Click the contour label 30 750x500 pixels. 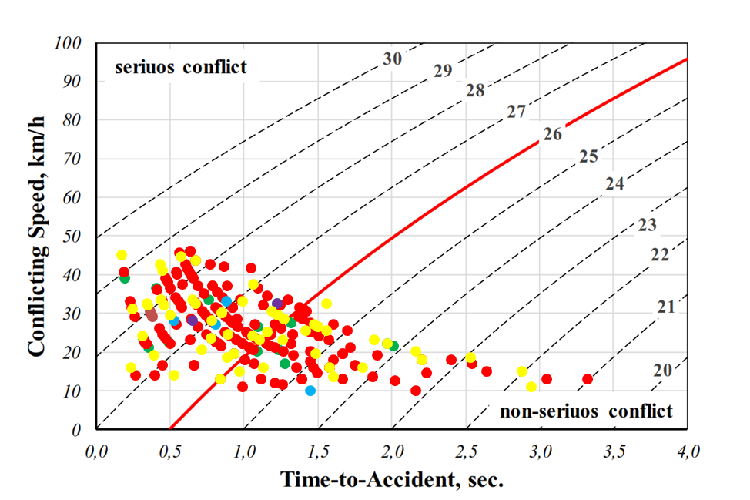point(393,59)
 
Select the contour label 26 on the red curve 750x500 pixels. point(552,134)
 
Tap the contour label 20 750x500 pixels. point(662,370)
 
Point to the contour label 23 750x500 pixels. point(648,226)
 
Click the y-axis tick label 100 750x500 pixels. point(69,43)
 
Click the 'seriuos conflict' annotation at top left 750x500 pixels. point(181,67)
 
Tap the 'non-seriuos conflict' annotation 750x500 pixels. point(586,411)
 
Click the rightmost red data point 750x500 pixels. point(588,379)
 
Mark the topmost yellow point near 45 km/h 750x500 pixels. point(122,255)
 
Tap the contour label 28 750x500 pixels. point(475,91)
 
